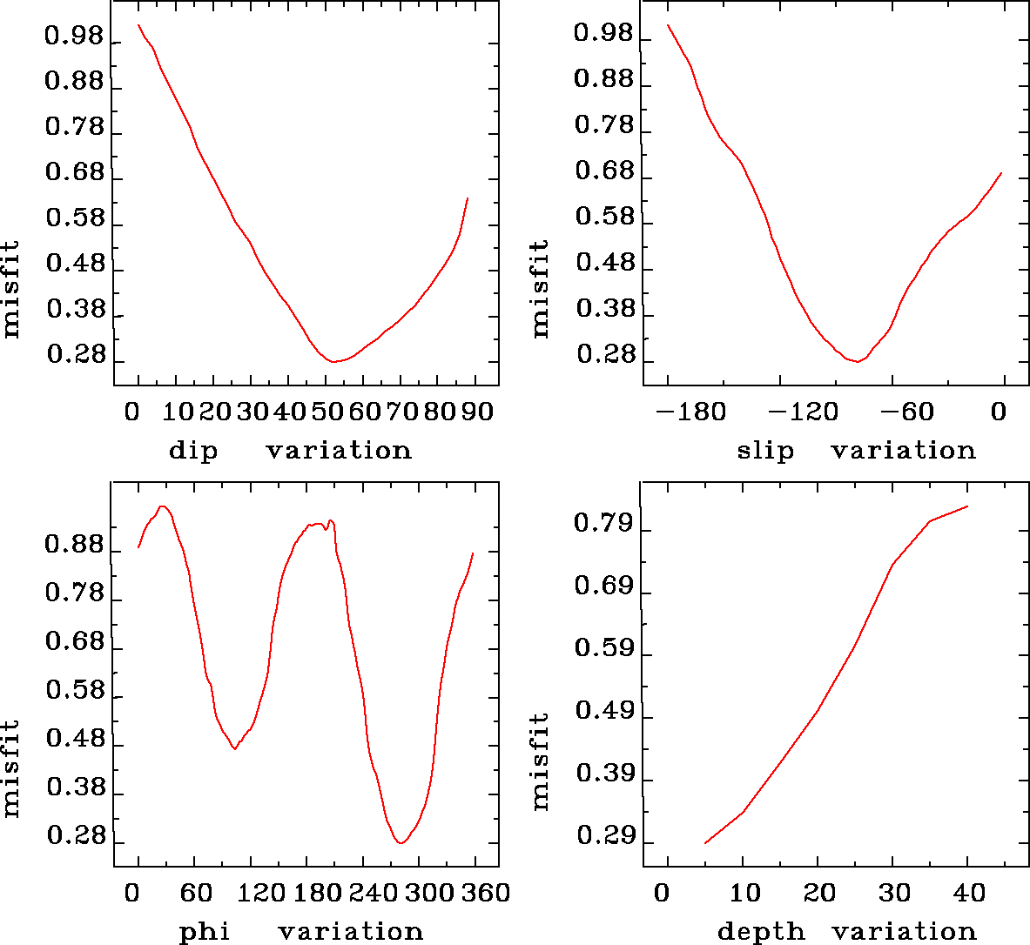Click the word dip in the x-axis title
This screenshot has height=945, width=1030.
coord(192,451)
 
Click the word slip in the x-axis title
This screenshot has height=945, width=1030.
coord(765,451)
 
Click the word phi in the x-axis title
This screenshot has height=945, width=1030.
coord(205,932)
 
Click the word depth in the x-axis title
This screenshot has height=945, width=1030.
coord(761,932)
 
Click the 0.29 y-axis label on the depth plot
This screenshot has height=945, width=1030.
coord(602,837)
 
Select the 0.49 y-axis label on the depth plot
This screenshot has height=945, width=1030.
coord(602,712)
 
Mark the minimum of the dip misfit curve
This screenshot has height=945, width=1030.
coord(333,361)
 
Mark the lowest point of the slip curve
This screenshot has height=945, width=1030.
coord(858,361)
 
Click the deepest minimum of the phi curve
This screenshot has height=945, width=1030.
coord(401,842)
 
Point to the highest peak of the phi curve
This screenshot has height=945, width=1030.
coord(163,506)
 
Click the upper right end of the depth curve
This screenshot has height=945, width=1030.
coord(967,506)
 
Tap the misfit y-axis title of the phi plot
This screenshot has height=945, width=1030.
coord(10,767)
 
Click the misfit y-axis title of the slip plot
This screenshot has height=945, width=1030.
coord(541,289)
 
